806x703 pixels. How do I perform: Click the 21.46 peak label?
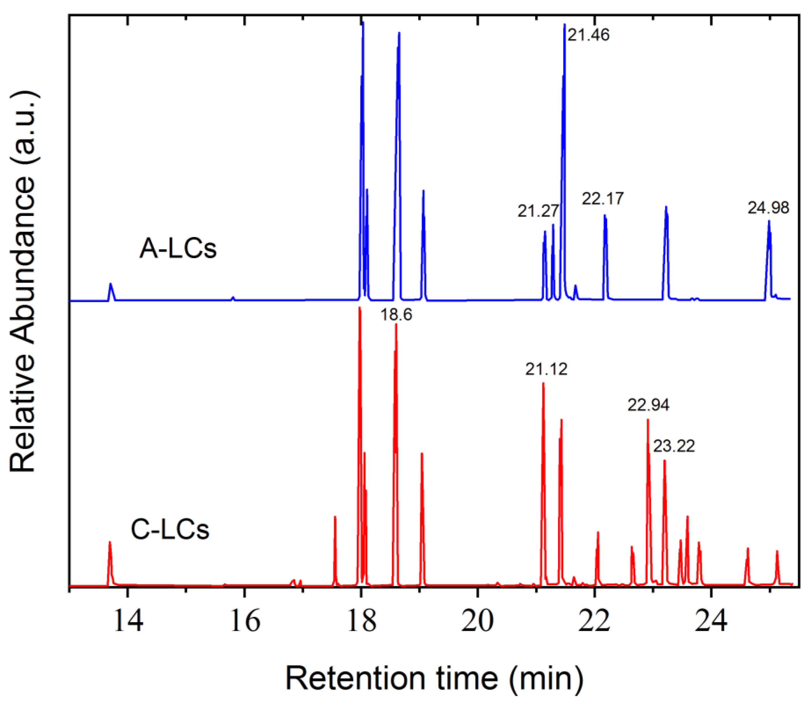click(588, 35)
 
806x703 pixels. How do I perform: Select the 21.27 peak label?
click(538, 211)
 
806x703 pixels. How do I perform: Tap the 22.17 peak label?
click(603, 199)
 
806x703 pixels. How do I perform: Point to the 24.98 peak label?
click(768, 208)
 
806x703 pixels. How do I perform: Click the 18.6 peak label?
click(396, 315)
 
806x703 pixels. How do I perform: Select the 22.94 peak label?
click(648, 405)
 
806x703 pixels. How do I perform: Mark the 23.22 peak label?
click(674, 446)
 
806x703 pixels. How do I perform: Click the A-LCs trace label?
click(178, 249)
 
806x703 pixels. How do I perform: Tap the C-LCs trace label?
click(170, 530)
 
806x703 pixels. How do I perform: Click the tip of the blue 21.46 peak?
click(564, 24)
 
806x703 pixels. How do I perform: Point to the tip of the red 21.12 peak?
click(543, 383)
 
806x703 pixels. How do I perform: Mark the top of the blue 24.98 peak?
click(769, 221)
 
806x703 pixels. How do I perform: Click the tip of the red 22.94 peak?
click(648, 419)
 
